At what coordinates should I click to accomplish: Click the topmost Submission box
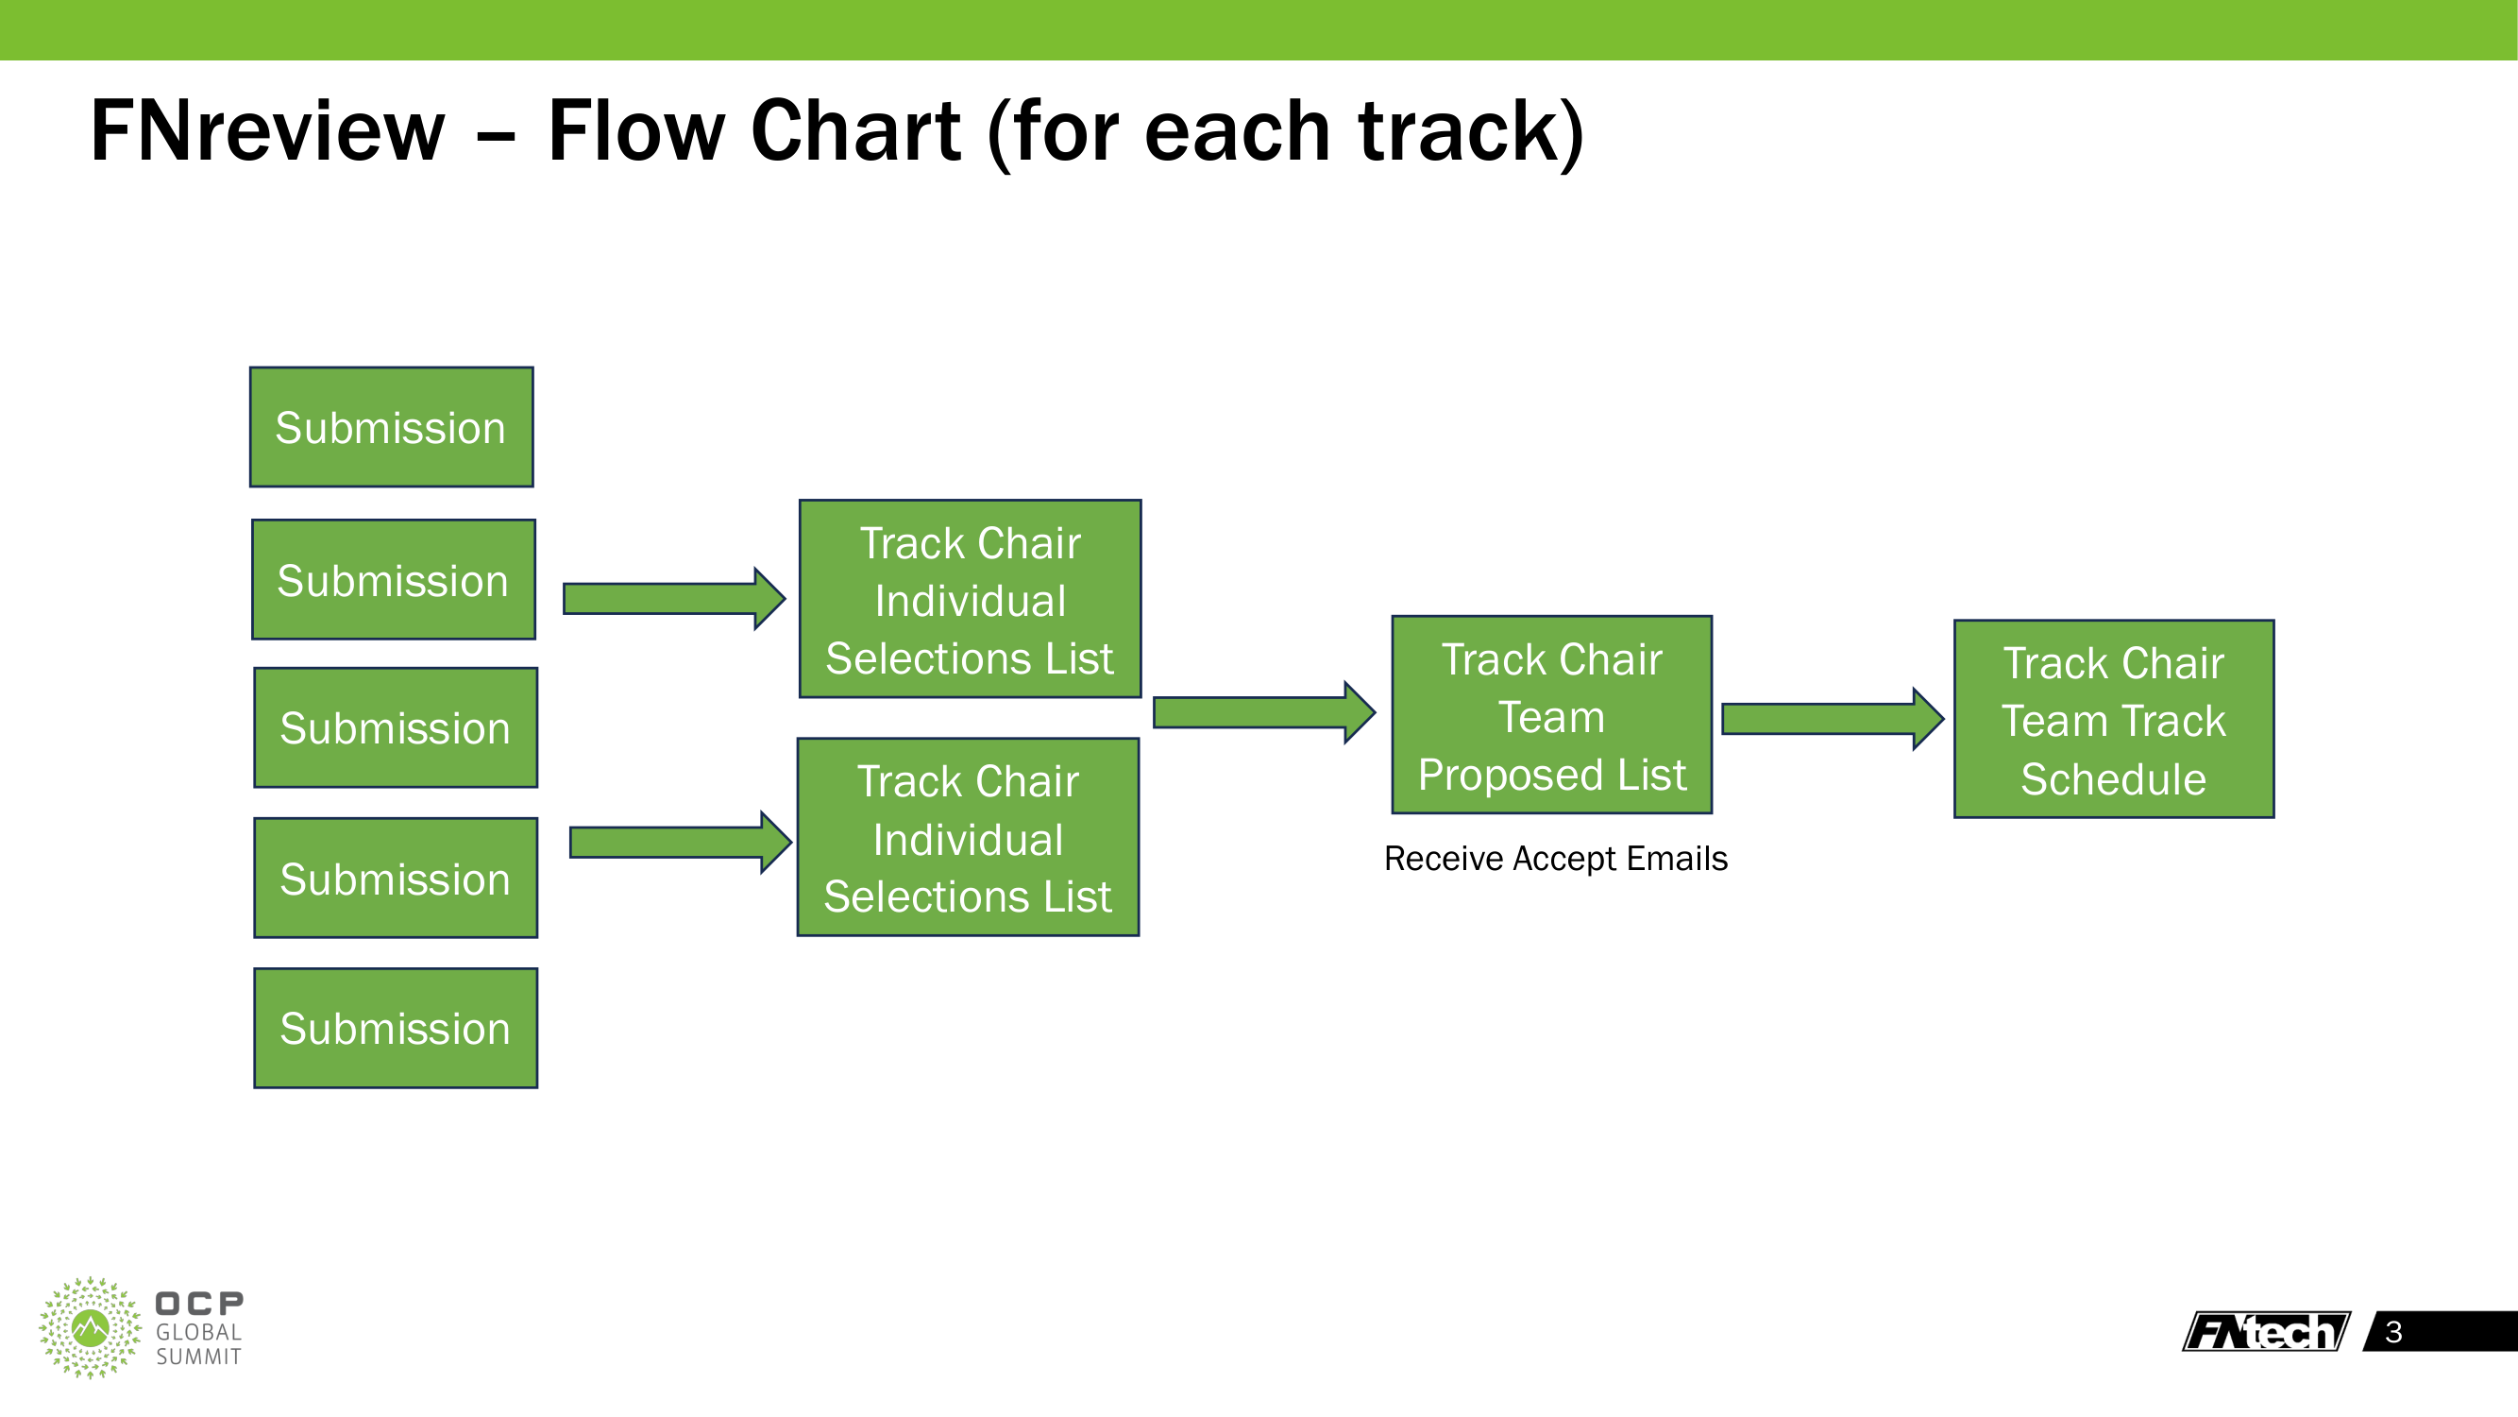click(x=391, y=427)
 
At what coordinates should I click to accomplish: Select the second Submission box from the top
click(x=393, y=579)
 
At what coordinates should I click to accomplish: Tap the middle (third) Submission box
click(x=395, y=727)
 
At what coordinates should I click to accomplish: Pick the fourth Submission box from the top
click(x=395, y=879)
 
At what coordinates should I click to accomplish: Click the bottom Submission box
click(x=395, y=1028)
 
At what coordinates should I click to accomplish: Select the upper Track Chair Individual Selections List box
click(x=970, y=599)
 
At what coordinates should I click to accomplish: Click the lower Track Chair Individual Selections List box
click(x=968, y=837)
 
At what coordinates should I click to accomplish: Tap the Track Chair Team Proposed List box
click(x=1551, y=715)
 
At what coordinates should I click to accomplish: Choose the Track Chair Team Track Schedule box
click(x=2113, y=719)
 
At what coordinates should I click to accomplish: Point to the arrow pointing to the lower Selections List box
click(x=681, y=842)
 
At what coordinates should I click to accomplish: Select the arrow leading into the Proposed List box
click(x=1264, y=713)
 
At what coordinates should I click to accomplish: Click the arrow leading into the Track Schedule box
click(x=1832, y=719)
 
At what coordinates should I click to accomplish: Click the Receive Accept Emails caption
click(x=1555, y=859)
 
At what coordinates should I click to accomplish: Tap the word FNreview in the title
click(x=267, y=131)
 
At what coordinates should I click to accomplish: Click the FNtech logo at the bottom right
click(x=2265, y=1331)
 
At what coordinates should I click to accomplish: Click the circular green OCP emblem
click(x=90, y=1327)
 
